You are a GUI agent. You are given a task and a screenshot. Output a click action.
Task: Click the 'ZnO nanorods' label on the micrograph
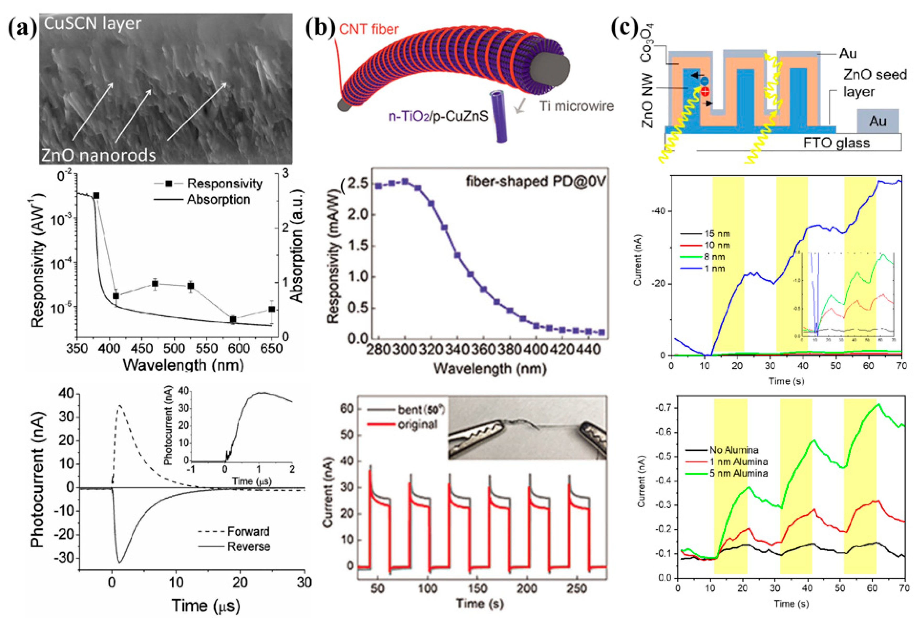pyautogui.click(x=98, y=155)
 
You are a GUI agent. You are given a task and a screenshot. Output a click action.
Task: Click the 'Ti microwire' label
pyautogui.click(x=576, y=106)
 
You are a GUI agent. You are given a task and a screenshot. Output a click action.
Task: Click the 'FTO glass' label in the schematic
pyautogui.click(x=836, y=143)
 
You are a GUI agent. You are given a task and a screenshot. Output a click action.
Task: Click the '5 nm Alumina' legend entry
pyautogui.click(x=738, y=473)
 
